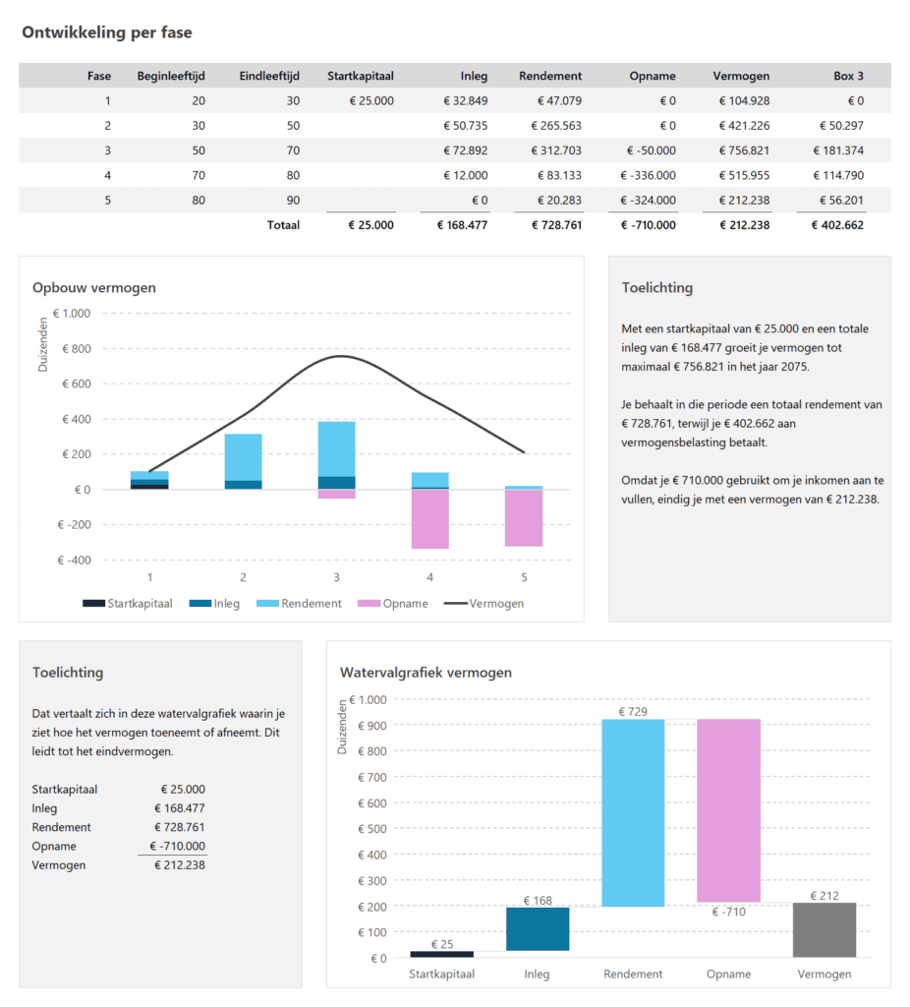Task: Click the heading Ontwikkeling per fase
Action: pos(107,32)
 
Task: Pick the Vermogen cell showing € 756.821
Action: pos(743,150)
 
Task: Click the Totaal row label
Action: pos(283,225)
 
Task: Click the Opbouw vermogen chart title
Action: pos(94,288)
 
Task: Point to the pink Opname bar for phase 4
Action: pos(429,518)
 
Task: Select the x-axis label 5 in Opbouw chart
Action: pos(524,577)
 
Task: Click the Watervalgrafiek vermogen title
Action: pos(426,673)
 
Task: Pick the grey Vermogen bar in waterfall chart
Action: pos(824,929)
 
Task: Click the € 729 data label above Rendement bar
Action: pos(633,711)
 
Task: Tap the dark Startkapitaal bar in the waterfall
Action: pos(441,954)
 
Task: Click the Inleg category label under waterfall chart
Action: pos(537,975)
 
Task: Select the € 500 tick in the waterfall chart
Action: pos(372,828)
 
